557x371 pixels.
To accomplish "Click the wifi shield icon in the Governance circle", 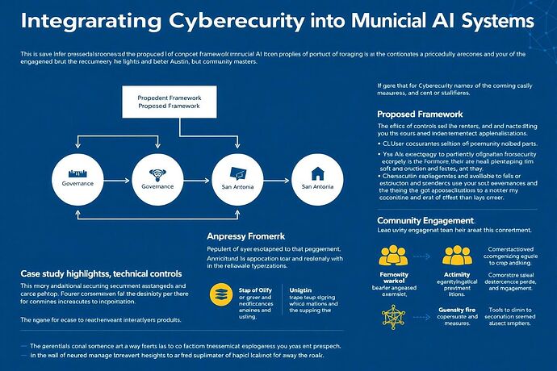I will click(157, 172).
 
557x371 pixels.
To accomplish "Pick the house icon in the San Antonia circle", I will click(316, 172).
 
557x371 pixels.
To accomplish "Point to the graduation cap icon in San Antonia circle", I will click(237, 172).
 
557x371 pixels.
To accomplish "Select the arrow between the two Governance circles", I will click(118, 179).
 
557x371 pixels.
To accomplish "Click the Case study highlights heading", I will click(94, 274).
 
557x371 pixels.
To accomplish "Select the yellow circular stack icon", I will click(220, 293).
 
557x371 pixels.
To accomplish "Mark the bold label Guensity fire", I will click(459, 310).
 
